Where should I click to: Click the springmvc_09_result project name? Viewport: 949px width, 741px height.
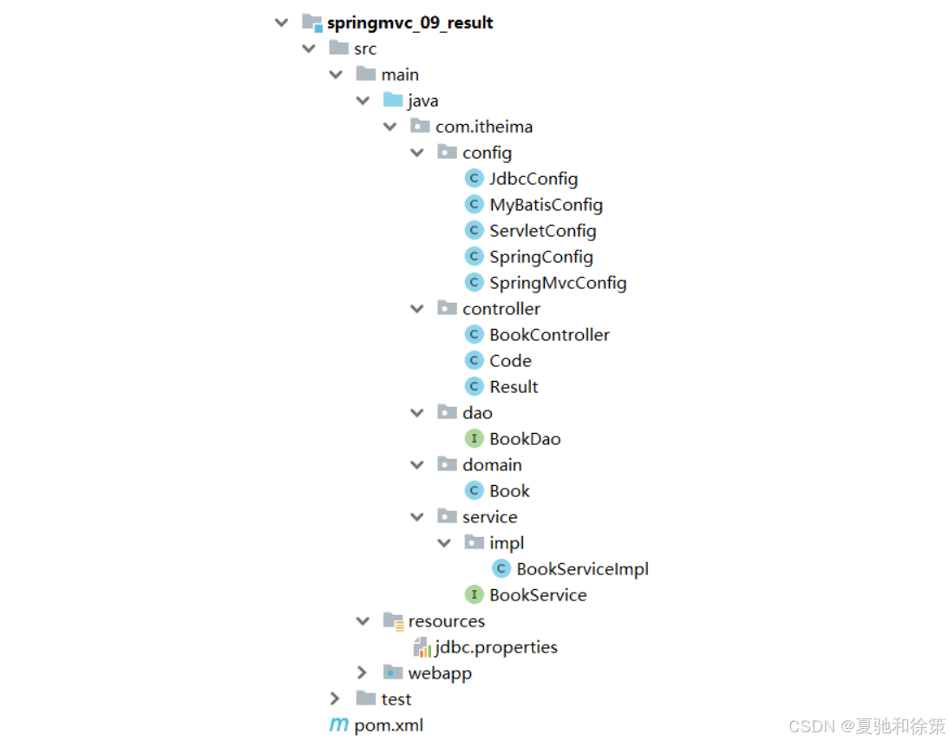coord(409,23)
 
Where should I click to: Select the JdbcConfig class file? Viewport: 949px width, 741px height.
coord(533,179)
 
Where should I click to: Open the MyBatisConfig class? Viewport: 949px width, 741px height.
coord(546,205)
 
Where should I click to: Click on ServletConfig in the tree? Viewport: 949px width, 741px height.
coord(542,231)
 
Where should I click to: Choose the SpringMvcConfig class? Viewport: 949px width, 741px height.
coord(557,283)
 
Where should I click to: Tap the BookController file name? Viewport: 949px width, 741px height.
coord(549,335)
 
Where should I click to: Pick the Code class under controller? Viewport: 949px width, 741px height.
coord(510,361)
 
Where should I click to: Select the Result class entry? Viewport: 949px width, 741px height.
coord(514,387)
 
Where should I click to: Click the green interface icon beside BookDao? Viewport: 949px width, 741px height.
coord(474,439)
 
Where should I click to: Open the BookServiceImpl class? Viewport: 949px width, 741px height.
coord(582,569)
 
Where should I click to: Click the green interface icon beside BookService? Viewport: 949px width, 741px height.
coord(474,595)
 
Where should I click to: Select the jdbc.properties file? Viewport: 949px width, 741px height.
coord(496,647)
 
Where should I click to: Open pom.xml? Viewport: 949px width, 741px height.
coord(389,725)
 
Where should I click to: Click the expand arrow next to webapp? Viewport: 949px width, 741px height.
coord(363,673)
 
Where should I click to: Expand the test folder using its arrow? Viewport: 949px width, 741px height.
coord(336,699)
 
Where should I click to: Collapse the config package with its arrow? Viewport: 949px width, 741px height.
coord(417,153)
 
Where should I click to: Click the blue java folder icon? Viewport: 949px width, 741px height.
coord(393,101)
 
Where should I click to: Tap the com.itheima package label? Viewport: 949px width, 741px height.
coord(484,127)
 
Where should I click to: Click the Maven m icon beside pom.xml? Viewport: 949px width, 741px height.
coord(338,725)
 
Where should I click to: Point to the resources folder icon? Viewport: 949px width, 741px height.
coord(393,621)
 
